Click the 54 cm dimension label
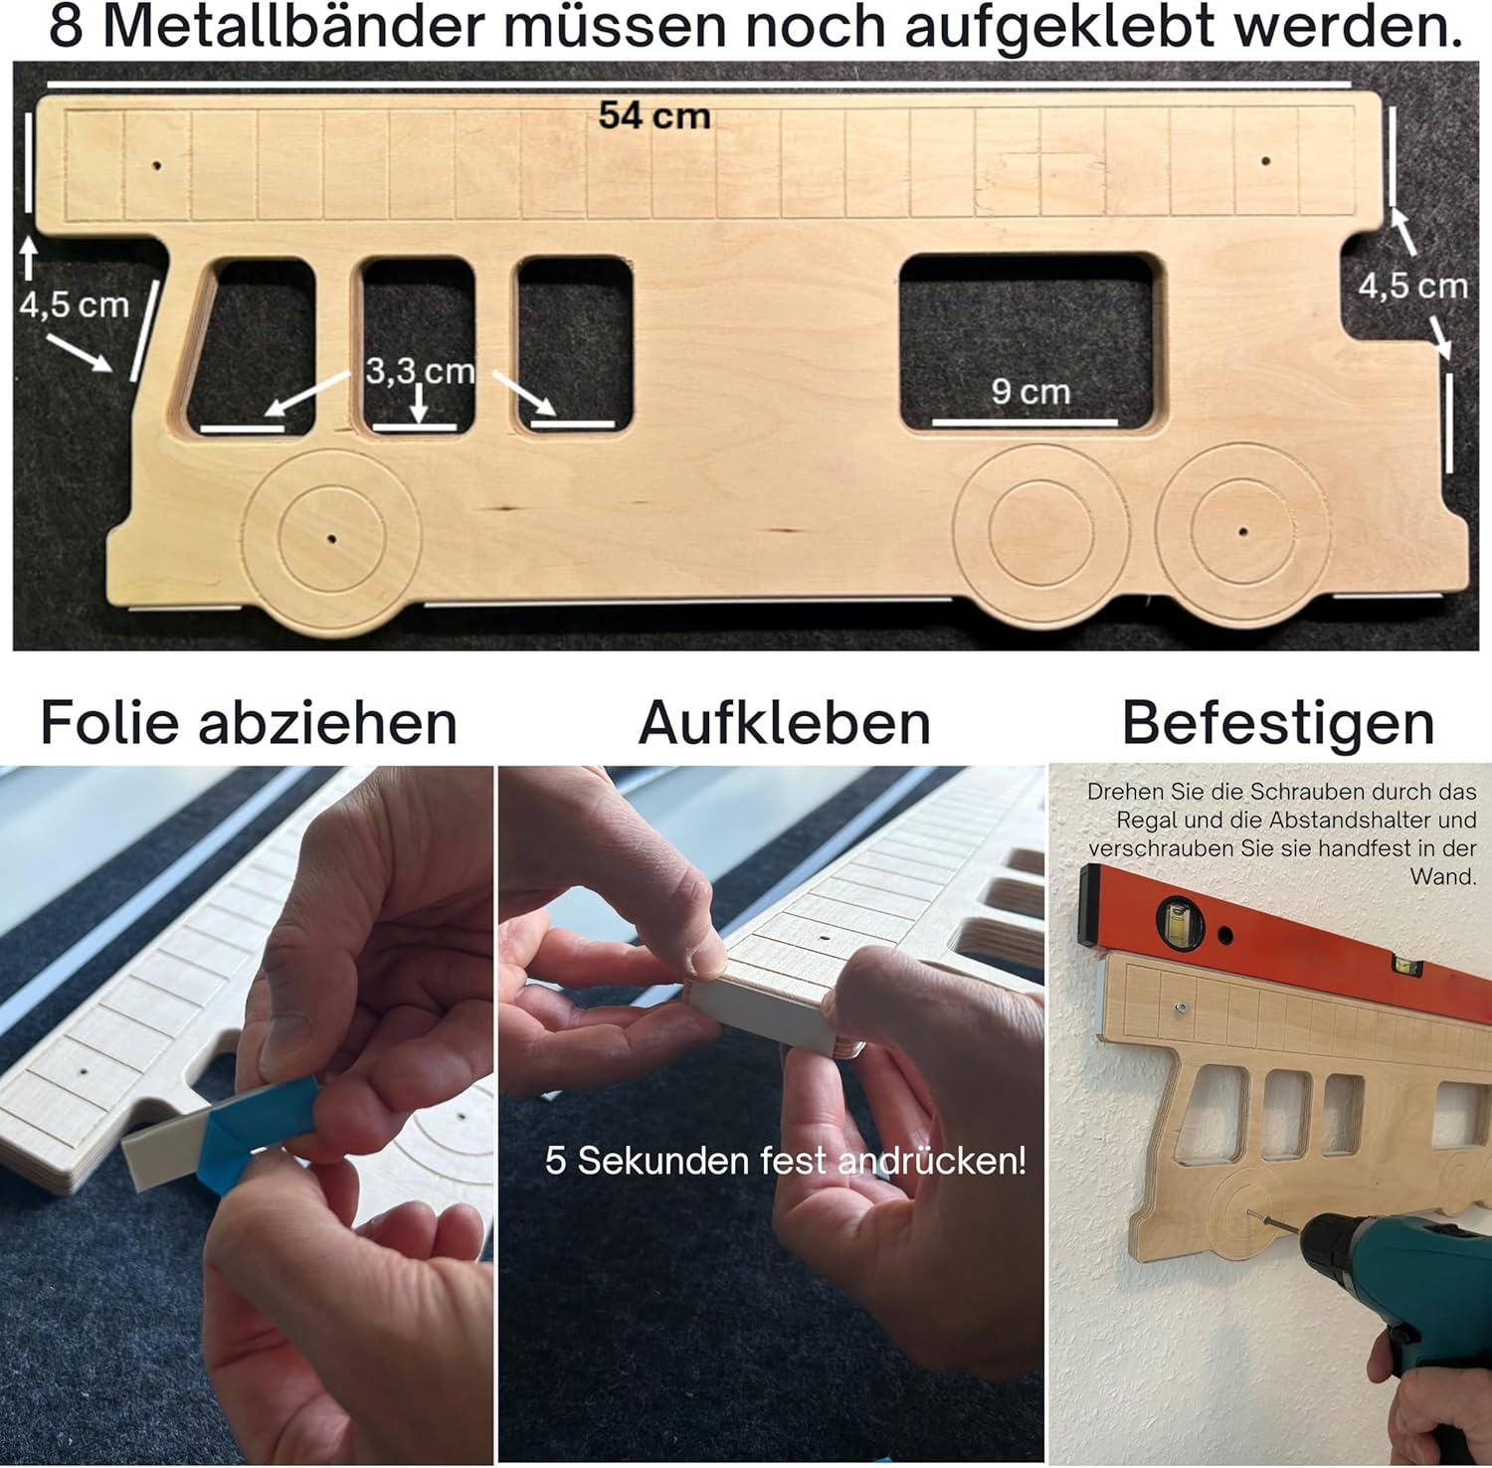[654, 115]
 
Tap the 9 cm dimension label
[1030, 392]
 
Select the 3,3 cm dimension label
[421, 372]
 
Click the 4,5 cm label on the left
[75, 305]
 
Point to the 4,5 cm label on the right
[1413, 286]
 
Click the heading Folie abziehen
[249, 723]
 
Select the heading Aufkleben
[785, 723]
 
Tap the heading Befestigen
[1278, 723]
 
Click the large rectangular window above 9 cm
[1029, 336]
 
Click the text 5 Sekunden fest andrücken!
[786, 1161]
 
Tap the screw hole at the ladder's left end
[156, 165]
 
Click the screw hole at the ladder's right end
[1265, 160]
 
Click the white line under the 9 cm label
[1025, 422]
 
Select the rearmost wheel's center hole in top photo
[1242, 531]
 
